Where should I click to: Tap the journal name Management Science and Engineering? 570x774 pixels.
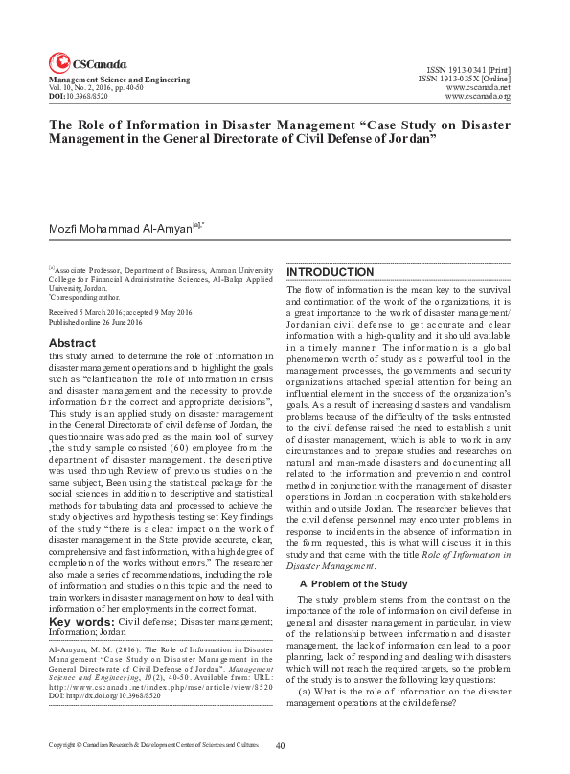(x=119, y=80)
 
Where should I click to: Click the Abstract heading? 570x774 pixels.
(x=72, y=342)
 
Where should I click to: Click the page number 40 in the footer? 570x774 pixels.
(x=281, y=745)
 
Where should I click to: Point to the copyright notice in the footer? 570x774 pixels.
(x=153, y=745)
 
